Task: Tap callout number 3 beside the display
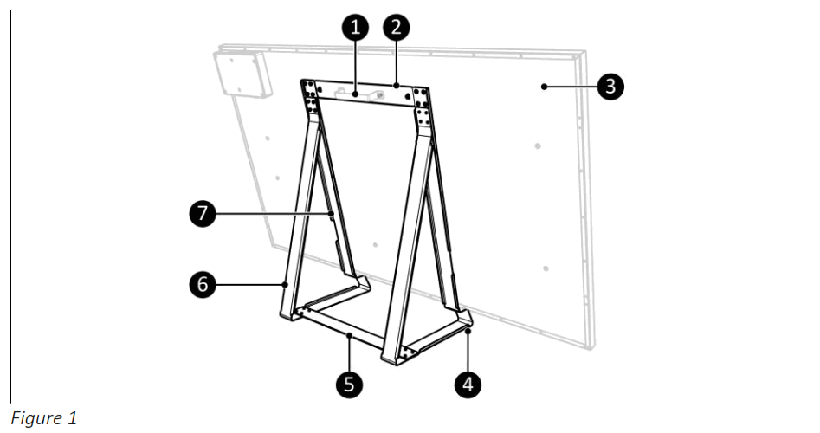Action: (610, 86)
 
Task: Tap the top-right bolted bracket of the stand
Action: (422, 107)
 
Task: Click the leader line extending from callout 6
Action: (251, 283)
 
